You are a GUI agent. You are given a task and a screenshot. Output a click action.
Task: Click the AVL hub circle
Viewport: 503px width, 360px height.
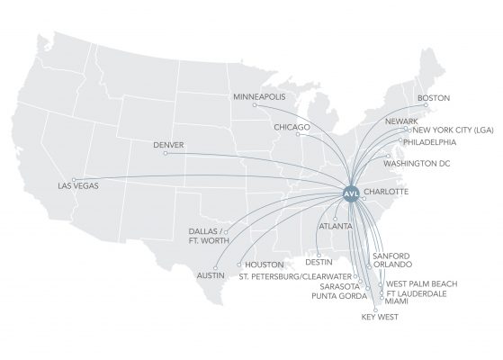[x=352, y=192]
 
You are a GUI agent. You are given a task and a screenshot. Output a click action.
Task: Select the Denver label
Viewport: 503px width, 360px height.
[x=169, y=144]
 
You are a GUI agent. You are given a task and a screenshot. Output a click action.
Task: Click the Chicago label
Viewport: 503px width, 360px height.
[x=294, y=128]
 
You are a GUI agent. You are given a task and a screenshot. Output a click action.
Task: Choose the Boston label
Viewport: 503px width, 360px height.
[x=433, y=98]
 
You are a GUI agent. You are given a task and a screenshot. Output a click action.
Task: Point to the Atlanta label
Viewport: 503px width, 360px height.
[x=336, y=227]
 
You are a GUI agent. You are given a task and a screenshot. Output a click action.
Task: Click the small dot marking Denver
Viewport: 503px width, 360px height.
[x=166, y=152]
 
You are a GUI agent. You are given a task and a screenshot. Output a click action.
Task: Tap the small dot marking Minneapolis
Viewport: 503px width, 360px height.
[x=255, y=104]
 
